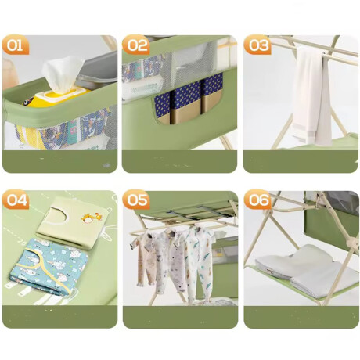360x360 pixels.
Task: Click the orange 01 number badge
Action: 15,45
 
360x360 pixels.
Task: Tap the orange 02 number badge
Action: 136,45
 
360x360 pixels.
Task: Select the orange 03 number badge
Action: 257,45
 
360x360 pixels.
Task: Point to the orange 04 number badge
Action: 15,200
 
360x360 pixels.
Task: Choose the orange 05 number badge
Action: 136,200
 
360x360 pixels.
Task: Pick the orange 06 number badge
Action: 257,200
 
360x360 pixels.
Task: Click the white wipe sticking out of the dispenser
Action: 63,74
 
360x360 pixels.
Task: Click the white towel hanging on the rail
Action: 311,95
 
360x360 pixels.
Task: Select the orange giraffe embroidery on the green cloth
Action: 91,218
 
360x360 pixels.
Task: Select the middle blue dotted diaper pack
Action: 185,103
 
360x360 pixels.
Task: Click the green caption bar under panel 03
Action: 301,161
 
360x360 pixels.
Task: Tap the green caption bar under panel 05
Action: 180,317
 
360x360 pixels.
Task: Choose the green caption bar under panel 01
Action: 59,161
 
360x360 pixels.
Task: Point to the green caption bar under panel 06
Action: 301,317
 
